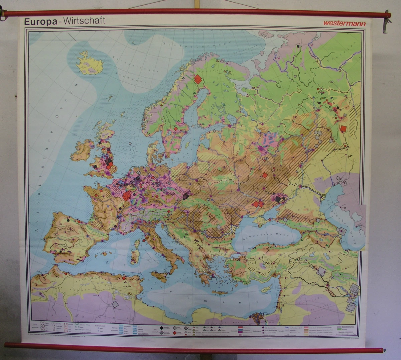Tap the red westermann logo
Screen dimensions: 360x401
click(x=344, y=23)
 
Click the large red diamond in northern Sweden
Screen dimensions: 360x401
click(x=197, y=79)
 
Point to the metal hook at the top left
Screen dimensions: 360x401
click(x=3, y=15)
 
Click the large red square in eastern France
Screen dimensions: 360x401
click(x=127, y=195)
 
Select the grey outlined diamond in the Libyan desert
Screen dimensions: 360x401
click(x=115, y=304)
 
